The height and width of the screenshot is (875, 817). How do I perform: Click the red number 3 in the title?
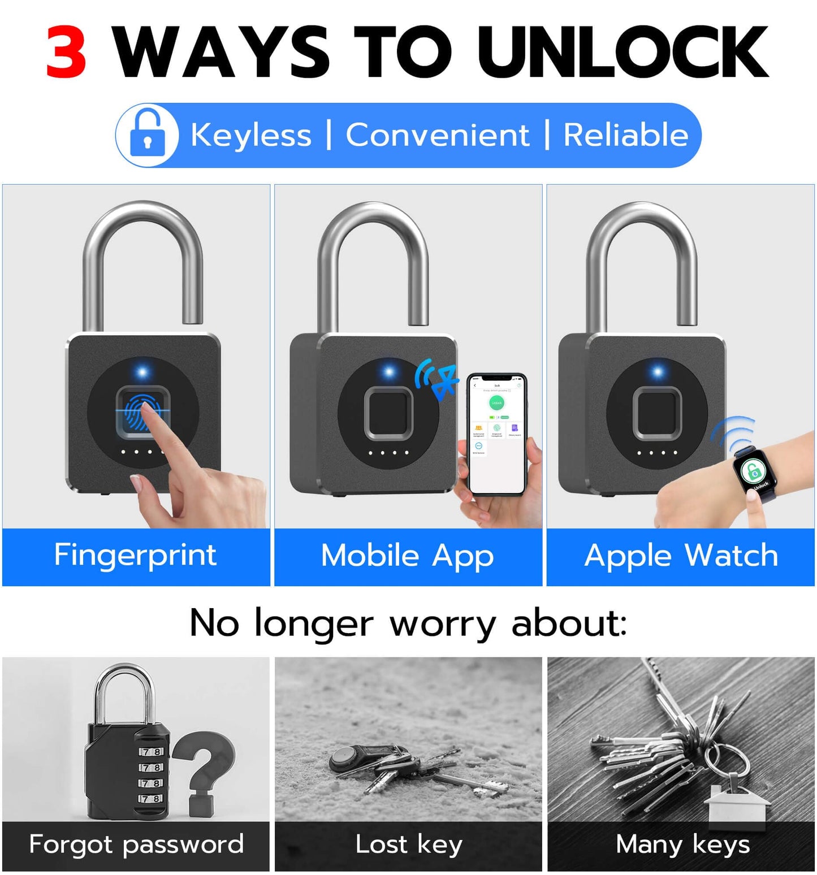(66, 53)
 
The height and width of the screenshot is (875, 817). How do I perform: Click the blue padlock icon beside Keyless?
(148, 135)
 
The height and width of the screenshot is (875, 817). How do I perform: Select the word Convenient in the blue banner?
(437, 135)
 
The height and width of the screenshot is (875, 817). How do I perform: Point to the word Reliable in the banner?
(625, 135)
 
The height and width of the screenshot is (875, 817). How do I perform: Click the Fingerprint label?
(135, 555)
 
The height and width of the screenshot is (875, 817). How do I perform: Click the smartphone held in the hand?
(497, 434)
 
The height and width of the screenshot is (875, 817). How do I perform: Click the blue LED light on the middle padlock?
(389, 372)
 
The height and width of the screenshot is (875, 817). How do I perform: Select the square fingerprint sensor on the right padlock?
(657, 413)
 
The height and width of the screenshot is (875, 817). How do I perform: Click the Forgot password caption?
(136, 844)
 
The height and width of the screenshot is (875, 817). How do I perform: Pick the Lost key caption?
(408, 844)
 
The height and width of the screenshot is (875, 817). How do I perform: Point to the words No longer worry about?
(408, 623)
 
